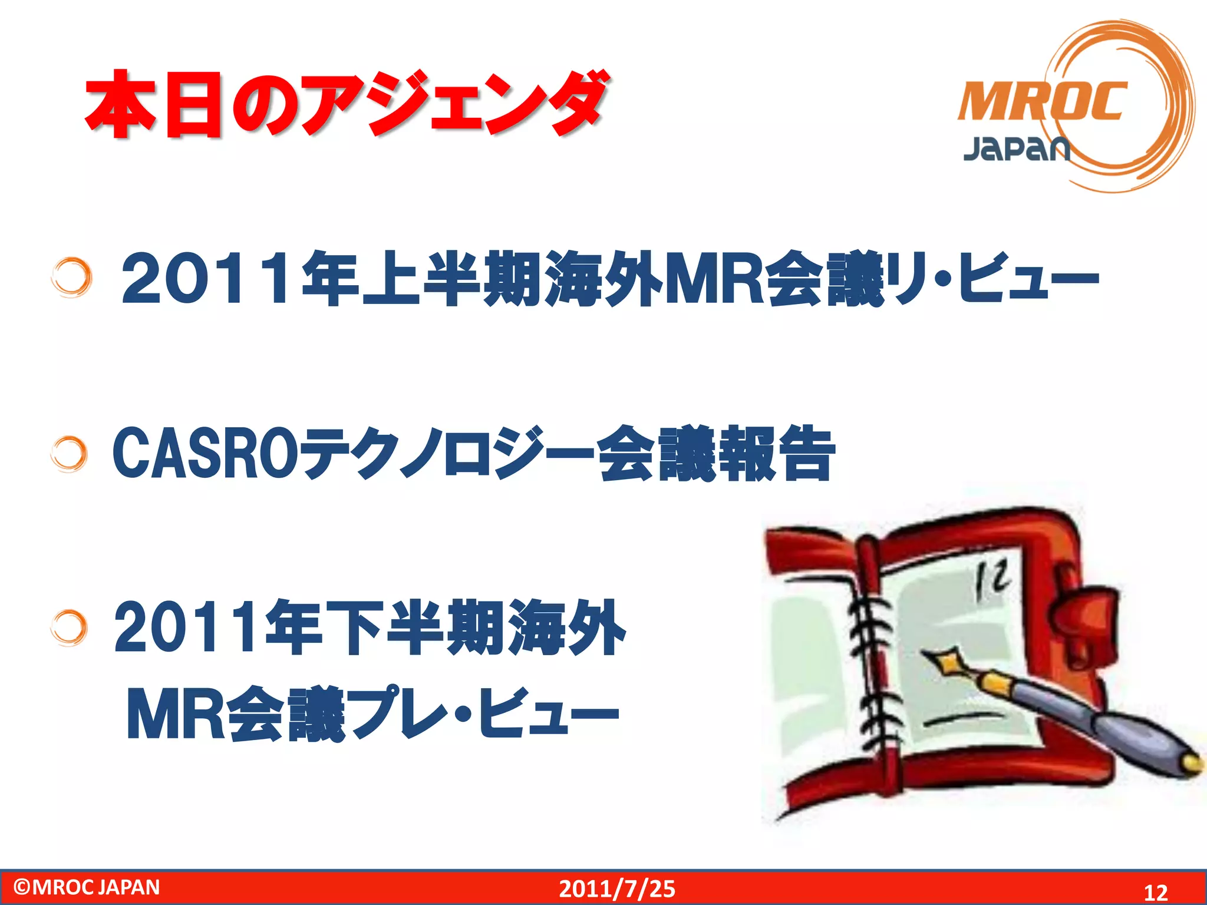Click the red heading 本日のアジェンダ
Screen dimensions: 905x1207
[345, 105]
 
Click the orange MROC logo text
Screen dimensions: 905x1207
[1042, 101]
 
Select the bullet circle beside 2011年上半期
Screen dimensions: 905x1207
[72, 277]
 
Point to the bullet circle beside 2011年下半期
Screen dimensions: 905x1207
[70, 628]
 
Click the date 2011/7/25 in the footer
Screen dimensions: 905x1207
[616, 889]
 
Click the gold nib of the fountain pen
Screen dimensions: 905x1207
[946, 661]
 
